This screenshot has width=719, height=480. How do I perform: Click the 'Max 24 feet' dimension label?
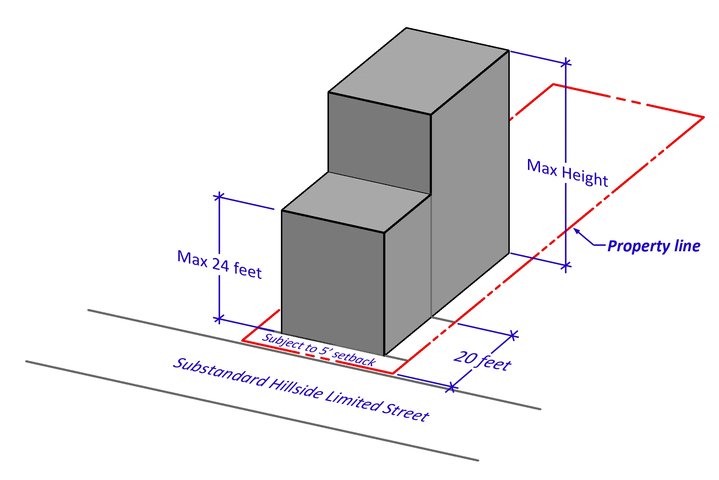coord(219,264)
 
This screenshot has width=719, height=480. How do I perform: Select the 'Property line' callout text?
coord(654,246)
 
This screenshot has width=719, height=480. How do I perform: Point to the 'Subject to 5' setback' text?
coord(319,349)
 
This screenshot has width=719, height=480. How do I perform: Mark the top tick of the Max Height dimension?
coord(566,63)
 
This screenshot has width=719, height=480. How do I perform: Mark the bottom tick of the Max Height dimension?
coord(566,266)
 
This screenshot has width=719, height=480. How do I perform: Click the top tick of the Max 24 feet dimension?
coord(219,197)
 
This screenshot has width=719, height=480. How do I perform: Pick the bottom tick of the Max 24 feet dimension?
coord(219,319)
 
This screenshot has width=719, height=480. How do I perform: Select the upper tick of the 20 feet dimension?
coord(513,335)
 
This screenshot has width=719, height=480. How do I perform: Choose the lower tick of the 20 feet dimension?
coord(451,388)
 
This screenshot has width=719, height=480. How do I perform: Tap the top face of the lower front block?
coord(357,202)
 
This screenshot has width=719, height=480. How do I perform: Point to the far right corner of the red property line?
coord(704,117)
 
